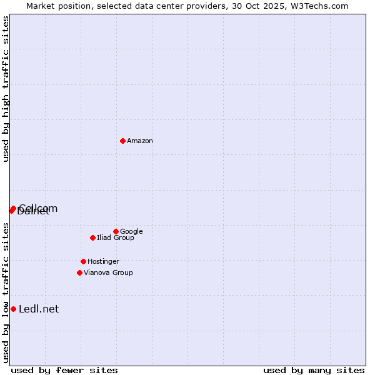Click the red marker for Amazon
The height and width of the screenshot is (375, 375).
(x=122, y=141)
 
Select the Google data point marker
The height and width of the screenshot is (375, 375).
(x=116, y=231)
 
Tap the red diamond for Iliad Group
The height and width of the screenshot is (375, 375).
(x=92, y=237)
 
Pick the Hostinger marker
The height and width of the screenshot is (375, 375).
(x=83, y=261)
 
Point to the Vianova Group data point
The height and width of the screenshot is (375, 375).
(x=79, y=272)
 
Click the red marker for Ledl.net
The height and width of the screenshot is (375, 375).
(x=13, y=309)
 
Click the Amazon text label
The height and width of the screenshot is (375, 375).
(x=140, y=141)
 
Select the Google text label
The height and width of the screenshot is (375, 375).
(x=131, y=232)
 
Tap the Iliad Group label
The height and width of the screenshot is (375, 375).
(x=116, y=238)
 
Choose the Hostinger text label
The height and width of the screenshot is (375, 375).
(x=103, y=262)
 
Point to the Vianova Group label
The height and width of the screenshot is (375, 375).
(x=108, y=273)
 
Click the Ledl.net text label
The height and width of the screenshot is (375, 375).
(x=39, y=309)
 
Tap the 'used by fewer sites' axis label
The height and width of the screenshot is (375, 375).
(x=64, y=370)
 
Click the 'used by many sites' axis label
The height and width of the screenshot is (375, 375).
(x=314, y=370)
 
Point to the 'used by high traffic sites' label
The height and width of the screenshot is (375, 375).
(x=6, y=89)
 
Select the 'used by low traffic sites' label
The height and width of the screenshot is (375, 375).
(x=6, y=292)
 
